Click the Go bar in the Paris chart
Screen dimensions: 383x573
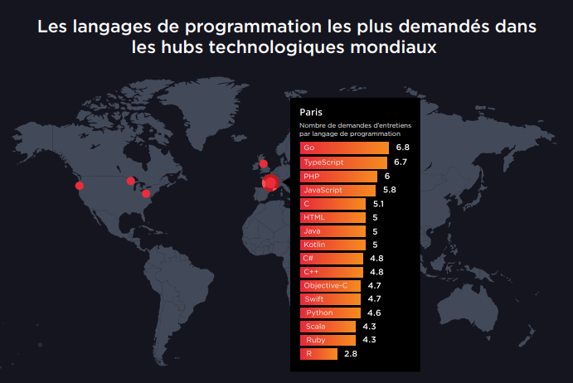344,148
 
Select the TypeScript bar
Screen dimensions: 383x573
343,162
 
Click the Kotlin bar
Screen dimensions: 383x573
333,245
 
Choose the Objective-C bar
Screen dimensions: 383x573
331,285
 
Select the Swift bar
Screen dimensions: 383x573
331,298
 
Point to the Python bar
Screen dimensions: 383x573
330,313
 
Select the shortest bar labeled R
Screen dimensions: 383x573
318,354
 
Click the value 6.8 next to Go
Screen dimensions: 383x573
403,148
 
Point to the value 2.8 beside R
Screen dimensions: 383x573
350,354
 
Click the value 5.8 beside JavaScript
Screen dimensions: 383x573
389,190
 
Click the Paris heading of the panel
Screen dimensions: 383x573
311,112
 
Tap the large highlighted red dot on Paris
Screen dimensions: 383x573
270,183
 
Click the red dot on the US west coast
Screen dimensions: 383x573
80,186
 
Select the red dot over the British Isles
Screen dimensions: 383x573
264,163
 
